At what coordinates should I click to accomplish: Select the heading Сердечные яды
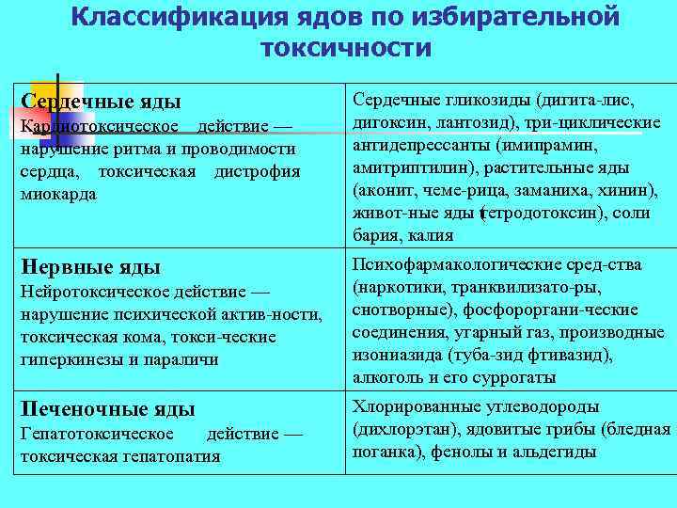101,101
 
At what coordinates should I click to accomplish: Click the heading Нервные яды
90,266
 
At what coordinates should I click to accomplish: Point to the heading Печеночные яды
107,408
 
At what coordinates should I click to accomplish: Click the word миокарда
56,193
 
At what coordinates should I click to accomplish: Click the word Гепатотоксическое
97,434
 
